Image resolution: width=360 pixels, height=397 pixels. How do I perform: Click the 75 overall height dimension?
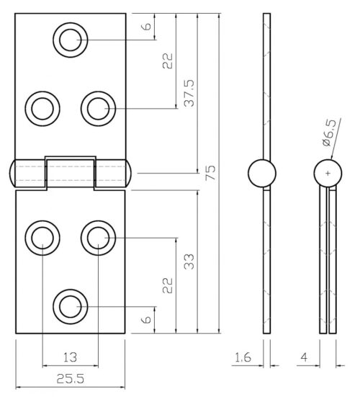[x=210, y=173]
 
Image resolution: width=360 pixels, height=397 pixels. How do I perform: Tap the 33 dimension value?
[x=189, y=261]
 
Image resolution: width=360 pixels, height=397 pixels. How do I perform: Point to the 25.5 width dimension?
[x=71, y=378]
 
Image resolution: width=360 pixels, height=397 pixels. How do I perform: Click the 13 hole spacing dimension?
[x=71, y=356]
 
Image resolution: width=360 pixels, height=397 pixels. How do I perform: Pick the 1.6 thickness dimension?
[x=243, y=356]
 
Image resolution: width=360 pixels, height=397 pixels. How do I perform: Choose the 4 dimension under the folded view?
[x=306, y=356]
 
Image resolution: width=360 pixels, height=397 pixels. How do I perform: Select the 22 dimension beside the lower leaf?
[x=167, y=286]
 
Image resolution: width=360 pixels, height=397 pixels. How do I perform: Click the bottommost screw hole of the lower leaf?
[x=71, y=306]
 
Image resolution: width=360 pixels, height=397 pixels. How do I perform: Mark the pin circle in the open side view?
[x=261, y=173]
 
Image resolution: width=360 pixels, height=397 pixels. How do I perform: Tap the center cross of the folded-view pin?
[x=328, y=173]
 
